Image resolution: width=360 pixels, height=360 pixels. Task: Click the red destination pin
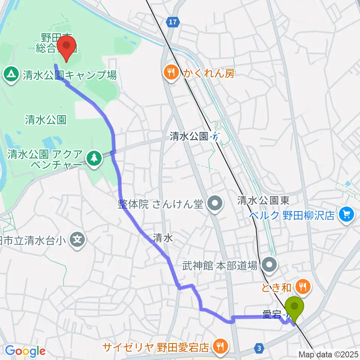(x=67, y=45)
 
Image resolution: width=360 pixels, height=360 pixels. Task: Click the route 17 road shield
(x=172, y=22)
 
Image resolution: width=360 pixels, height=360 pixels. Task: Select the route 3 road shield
(x=259, y=348)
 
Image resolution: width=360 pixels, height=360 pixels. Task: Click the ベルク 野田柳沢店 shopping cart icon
(x=345, y=214)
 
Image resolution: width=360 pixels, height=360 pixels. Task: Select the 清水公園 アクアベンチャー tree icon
(x=94, y=158)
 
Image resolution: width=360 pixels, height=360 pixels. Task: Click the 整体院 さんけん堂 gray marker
(x=215, y=204)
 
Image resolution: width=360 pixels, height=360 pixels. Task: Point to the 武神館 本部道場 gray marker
(x=270, y=266)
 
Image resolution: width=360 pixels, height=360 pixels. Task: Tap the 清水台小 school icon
(x=77, y=238)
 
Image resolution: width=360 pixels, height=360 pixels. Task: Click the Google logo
(x=25, y=351)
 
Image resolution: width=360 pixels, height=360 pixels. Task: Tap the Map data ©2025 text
(x=328, y=354)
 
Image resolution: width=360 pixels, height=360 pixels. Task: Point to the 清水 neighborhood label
(x=163, y=237)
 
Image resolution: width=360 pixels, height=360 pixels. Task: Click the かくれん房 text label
(x=208, y=74)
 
